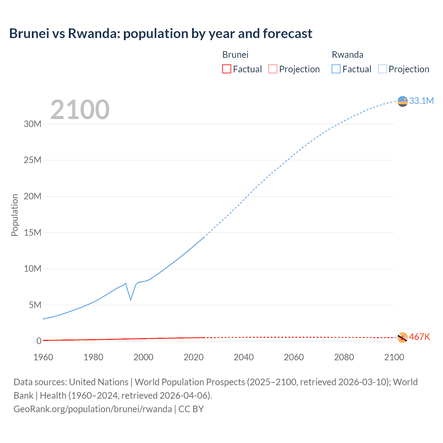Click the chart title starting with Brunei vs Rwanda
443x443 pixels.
pyautogui.click(x=161, y=34)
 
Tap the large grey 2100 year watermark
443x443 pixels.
pyautogui.click(x=80, y=110)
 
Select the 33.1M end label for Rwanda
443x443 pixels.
pyautogui.click(x=421, y=101)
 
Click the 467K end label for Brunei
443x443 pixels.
pyautogui.click(x=419, y=337)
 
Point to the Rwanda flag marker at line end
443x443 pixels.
pyautogui.click(x=403, y=101)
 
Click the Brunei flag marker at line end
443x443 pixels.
pyautogui.click(x=403, y=337)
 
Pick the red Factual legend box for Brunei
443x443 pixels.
pyautogui.click(x=226, y=69)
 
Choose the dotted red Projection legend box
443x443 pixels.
pyautogui.click(x=273, y=69)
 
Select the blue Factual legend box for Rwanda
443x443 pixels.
pyautogui.click(x=336, y=69)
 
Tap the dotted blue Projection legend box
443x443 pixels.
pyautogui.click(x=382, y=69)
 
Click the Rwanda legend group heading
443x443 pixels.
pyautogui.click(x=347, y=55)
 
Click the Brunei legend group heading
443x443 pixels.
pyautogui.click(x=235, y=55)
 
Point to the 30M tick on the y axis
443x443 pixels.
pyautogui.click(x=33, y=124)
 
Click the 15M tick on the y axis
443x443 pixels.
pyautogui.click(x=33, y=233)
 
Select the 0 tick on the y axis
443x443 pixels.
pyautogui.click(x=39, y=341)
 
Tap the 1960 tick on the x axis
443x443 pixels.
pyautogui.click(x=43, y=357)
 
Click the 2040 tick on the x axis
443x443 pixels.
pyautogui.click(x=244, y=357)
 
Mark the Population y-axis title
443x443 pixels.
pyautogui.click(x=15, y=215)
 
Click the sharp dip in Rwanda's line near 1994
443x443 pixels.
pyautogui.click(x=130, y=299)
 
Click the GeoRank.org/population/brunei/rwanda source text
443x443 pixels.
pyautogui.click(x=93, y=409)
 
